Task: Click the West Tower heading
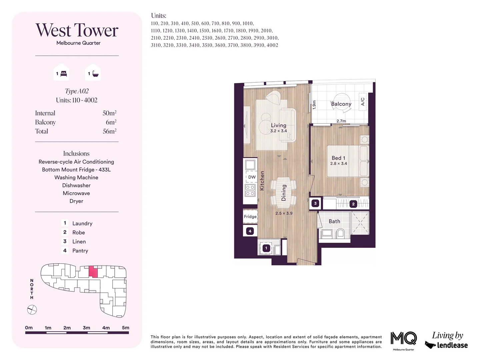(x=77, y=30)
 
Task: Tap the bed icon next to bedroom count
(x=64, y=74)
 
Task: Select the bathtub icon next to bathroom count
(x=95, y=74)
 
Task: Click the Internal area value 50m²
(x=109, y=113)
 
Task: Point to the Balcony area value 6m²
(x=111, y=122)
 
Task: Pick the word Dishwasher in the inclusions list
(x=76, y=185)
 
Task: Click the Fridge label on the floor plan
(x=250, y=217)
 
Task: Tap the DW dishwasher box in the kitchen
(x=252, y=177)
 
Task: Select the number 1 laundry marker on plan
(x=266, y=248)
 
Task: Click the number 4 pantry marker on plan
(x=250, y=231)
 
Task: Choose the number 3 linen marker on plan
(x=315, y=203)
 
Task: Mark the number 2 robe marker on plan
(x=353, y=204)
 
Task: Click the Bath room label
(x=334, y=221)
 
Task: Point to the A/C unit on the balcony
(x=363, y=101)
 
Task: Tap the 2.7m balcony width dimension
(x=341, y=121)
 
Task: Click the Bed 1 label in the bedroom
(x=338, y=158)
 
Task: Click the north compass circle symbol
(x=32, y=310)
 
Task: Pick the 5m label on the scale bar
(x=125, y=328)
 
